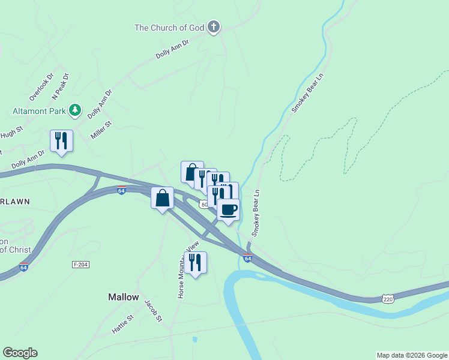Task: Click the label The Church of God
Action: click(x=169, y=27)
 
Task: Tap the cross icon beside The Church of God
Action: click(x=213, y=27)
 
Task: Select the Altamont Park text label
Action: click(x=39, y=111)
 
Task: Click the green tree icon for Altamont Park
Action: click(x=74, y=110)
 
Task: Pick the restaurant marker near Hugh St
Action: click(x=61, y=142)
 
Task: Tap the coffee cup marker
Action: click(x=229, y=210)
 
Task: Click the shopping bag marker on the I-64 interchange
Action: click(x=163, y=199)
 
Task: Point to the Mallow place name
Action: click(x=124, y=297)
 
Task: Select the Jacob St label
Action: click(x=154, y=311)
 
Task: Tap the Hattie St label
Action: click(x=122, y=325)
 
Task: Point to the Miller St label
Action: click(x=101, y=129)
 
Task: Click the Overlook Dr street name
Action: click(x=41, y=86)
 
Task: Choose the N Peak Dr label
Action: click(x=61, y=86)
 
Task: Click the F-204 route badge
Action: click(x=80, y=265)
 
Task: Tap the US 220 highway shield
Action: click(x=388, y=298)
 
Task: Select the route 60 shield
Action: click(x=205, y=205)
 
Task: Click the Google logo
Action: click(x=20, y=353)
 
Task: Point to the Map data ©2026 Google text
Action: click(x=412, y=355)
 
